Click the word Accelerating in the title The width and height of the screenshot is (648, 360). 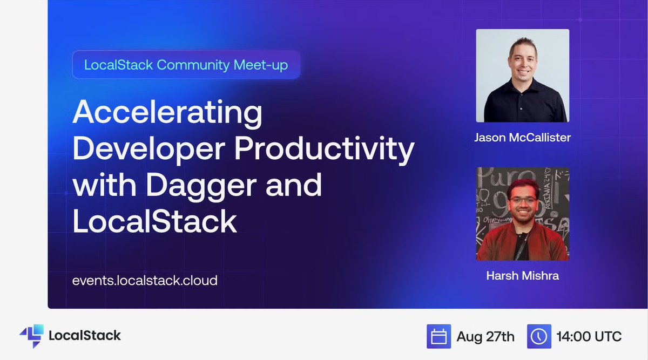click(x=167, y=113)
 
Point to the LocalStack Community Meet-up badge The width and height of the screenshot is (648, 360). click(x=186, y=65)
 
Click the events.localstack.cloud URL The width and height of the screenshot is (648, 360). click(x=145, y=281)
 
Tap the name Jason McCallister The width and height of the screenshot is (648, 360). click(x=523, y=138)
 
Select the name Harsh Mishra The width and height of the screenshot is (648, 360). click(x=523, y=276)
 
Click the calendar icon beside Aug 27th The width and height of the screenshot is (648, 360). click(x=438, y=336)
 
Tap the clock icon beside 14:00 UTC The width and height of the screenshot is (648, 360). click(x=539, y=336)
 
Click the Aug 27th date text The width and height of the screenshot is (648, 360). click(x=485, y=337)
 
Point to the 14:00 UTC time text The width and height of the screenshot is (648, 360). click(x=589, y=337)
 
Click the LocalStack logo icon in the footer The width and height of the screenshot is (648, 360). click(x=32, y=336)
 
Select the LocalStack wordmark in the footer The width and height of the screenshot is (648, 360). click(x=85, y=335)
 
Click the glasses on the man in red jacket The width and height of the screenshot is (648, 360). click(x=523, y=200)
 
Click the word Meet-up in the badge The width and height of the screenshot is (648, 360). click(x=261, y=65)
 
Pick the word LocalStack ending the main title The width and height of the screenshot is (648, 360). click(x=155, y=221)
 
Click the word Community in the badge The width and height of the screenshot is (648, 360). click(x=193, y=65)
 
